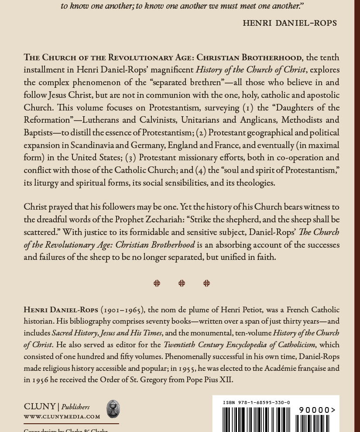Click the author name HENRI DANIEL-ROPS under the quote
click(290, 23)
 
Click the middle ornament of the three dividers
click(182, 283)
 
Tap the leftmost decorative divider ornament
click(157, 283)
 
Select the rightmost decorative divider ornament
click(206, 283)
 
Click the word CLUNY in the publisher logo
click(40, 407)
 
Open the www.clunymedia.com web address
click(62, 417)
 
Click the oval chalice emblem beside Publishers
click(113, 409)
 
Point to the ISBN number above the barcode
click(257, 403)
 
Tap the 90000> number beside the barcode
click(317, 410)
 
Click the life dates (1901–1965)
click(123, 310)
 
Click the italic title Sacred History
click(74, 333)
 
